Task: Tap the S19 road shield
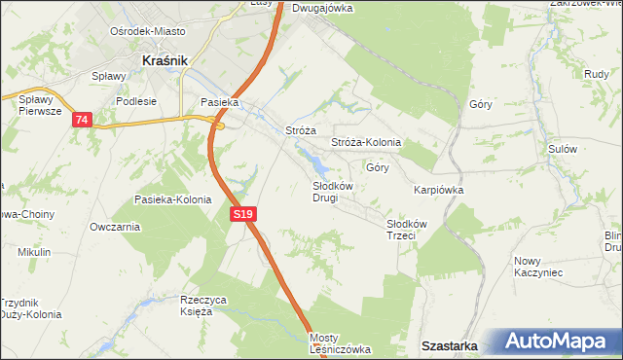(x=243, y=213)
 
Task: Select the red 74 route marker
(x=81, y=120)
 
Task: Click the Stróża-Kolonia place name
(x=366, y=142)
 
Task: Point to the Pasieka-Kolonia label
(x=172, y=199)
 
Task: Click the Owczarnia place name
(x=114, y=227)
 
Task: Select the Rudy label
(x=597, y=74)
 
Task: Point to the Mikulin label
(x=34, y=252)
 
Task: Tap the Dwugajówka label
(x=322, y=7)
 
